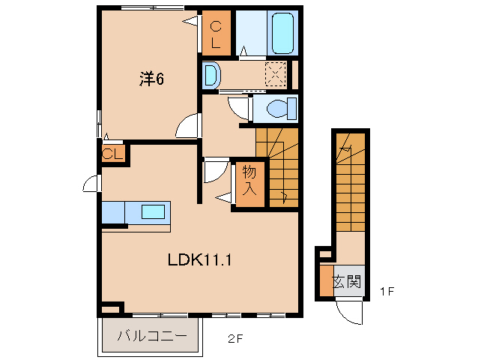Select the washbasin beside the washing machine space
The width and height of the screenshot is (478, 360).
pos(211,75)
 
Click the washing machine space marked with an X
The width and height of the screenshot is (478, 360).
pos(276,74)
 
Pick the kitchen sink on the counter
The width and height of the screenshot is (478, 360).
pos(153,211)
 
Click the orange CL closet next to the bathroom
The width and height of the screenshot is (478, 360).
pos(216,34)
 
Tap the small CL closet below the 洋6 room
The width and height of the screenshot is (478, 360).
pos(113,154)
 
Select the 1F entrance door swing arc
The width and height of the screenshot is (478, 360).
pos(350,310)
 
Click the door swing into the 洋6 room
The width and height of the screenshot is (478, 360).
pos(190,126)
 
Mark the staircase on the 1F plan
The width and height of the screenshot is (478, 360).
pos(350,180)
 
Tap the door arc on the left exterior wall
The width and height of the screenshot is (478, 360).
pos(91,184)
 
